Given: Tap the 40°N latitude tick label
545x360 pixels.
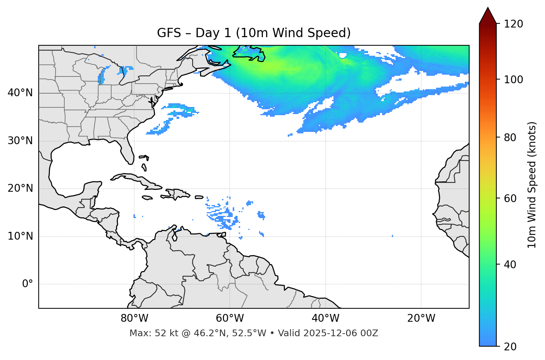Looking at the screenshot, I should (20, 93).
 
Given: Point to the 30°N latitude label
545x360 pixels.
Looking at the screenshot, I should (20, 141).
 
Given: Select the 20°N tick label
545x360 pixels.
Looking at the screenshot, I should (20, 188).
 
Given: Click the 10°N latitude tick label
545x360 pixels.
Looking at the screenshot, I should (20, 236).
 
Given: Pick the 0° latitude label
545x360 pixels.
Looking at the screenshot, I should (28, 284).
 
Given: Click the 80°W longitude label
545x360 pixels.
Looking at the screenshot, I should (134, 318).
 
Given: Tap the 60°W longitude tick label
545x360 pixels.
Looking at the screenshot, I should (230, 318).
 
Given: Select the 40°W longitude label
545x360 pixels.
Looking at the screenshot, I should (325, 318).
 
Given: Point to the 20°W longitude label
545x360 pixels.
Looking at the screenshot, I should (421, 318).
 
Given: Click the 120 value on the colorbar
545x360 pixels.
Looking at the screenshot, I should (513, 24).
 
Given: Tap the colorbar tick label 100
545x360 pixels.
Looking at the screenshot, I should (513, 80).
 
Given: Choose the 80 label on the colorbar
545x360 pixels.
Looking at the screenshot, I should (510, 137).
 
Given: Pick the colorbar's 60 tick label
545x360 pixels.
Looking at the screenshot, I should (510, 198).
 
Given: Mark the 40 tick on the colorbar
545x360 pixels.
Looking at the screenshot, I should (510, 265).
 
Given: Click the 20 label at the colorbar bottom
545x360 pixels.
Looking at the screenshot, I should (510, 347).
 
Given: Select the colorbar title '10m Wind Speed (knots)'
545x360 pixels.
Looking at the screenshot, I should (532, 185).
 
